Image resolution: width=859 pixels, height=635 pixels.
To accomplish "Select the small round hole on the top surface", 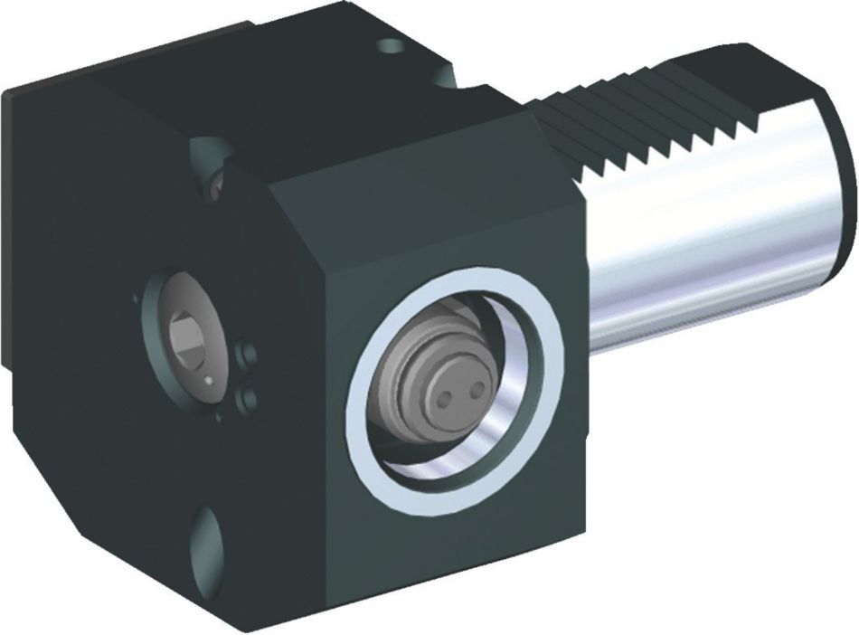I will tap(391, 45).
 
